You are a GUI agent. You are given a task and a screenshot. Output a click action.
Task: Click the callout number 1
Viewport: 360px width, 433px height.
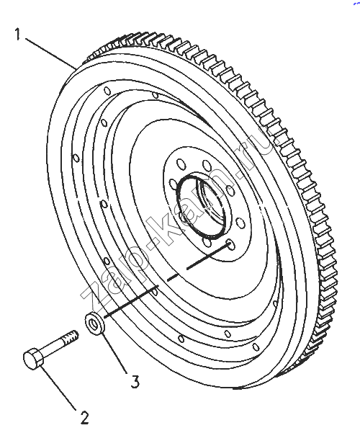click(x=18, y=34)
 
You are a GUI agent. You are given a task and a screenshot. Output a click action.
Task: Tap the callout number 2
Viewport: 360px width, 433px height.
click(x=84, y=418)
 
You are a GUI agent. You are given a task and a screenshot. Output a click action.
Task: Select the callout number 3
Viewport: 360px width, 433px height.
click(x=135, y=382)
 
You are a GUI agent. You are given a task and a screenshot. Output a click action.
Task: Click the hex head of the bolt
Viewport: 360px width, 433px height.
click(x=33, y=359)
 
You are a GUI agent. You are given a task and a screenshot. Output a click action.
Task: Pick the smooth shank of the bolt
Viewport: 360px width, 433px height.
click(x=54, y=347)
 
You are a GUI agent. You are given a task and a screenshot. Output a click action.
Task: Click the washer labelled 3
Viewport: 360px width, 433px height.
click(x=94, y=323)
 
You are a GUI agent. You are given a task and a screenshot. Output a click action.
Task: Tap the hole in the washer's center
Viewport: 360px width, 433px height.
click(x=94, y=323)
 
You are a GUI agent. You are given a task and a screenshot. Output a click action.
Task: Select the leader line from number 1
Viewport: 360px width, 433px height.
click(x=51, y=53)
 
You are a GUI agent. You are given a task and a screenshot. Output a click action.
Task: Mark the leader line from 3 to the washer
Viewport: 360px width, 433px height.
click(x=115, y=353)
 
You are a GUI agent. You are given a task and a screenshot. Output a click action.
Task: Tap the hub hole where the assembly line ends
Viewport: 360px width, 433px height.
click(x=230, y=245)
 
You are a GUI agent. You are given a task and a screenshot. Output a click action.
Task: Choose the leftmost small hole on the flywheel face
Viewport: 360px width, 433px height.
click(x=76, y=158)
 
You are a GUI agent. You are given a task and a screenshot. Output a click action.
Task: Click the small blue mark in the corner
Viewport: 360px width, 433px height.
click(x=356, y=3)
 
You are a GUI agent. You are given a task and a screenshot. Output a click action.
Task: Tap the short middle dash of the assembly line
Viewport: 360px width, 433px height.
click(x=173, y=277)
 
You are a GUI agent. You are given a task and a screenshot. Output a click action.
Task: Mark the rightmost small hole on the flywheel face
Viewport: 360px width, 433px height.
click(x=275, y=304)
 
